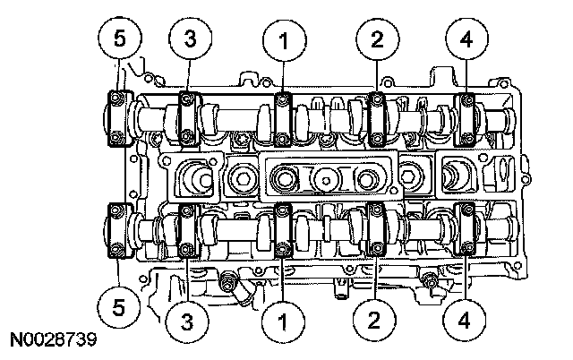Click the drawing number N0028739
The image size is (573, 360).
[53, 341]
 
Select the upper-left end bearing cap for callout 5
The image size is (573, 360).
[117, 116]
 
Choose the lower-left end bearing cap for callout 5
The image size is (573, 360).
[117, 232]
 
